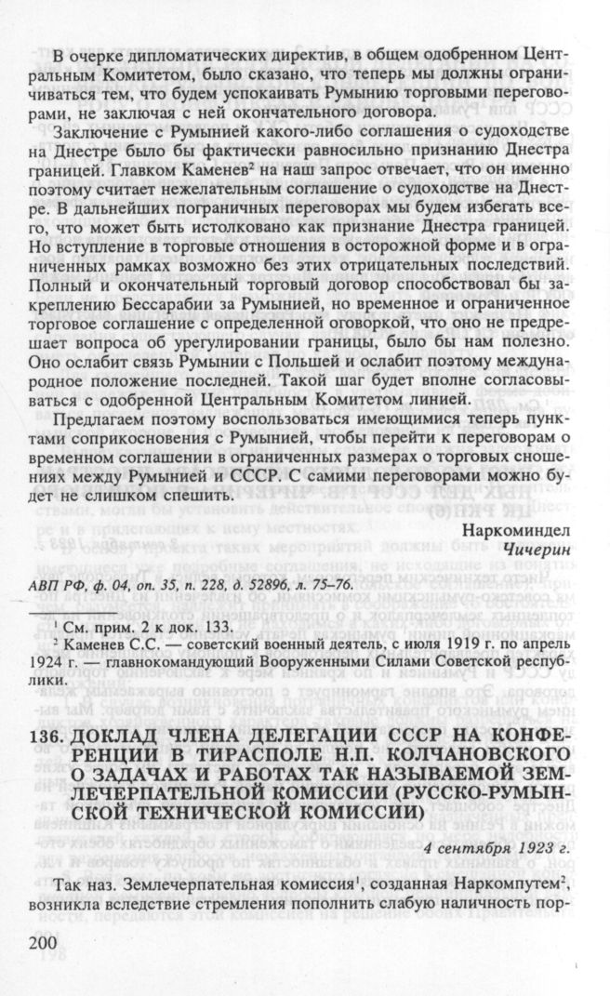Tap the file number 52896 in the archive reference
[277, 583]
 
